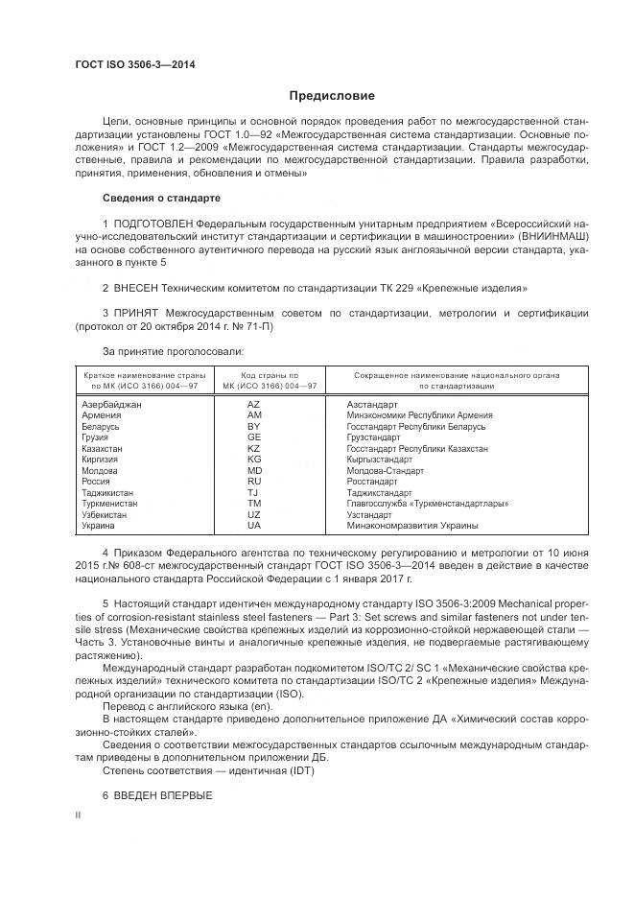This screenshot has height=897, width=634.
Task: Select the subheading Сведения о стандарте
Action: tap(161, 198)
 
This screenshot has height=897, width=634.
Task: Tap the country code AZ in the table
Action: tap(254, 405)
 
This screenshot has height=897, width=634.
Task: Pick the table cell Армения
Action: tap(102, 415)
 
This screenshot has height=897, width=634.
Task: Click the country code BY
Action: tap(254, 426)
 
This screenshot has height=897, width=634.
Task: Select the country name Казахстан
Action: tap(104, 448)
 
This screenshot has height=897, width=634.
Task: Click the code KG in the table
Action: tap(254, 460)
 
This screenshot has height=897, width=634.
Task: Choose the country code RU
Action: tap(254, 482)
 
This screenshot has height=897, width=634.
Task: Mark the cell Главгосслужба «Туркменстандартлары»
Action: tap(427, 504)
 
